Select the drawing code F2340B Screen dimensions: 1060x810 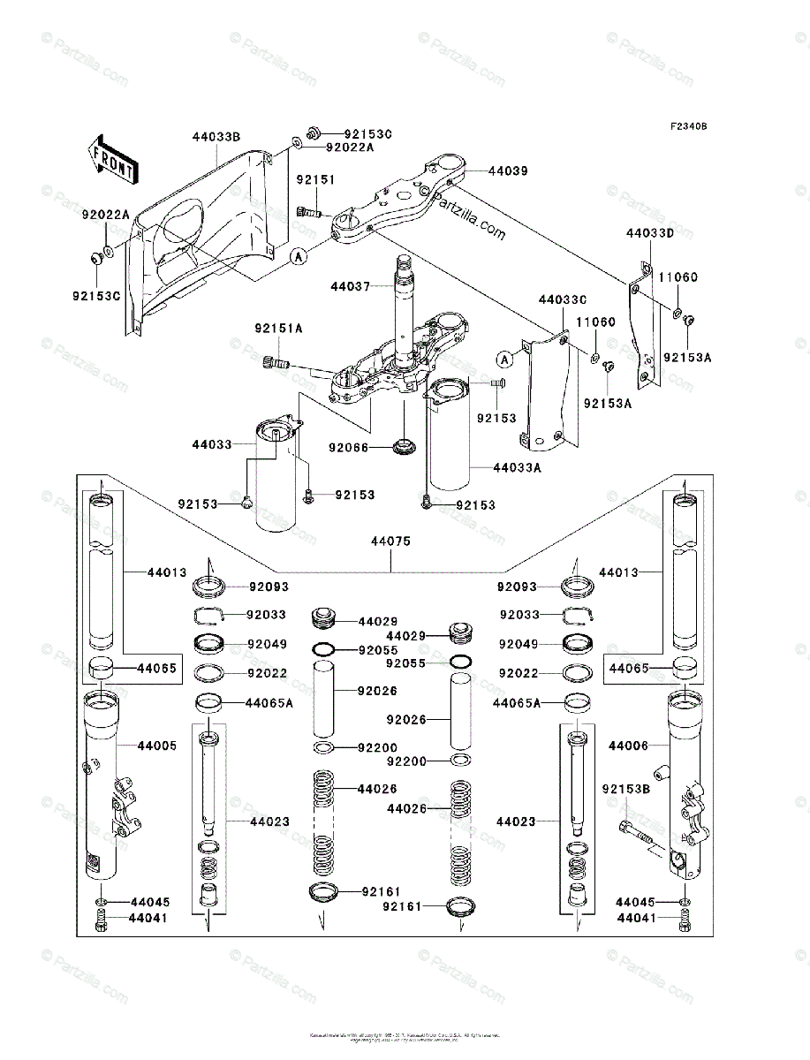pos(688,127)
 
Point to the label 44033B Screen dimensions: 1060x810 pos(216,136)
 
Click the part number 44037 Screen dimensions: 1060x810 pos(351,286)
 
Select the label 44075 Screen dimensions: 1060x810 pos(390,541)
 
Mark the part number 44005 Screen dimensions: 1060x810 pos(156,746)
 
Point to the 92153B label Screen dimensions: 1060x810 pos(626,788)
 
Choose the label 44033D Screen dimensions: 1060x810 pos(649,234)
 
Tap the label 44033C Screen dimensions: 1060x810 pos(563,300)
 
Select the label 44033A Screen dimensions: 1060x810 pos(517,467)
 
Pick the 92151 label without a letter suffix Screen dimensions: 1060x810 pos(315,179)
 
